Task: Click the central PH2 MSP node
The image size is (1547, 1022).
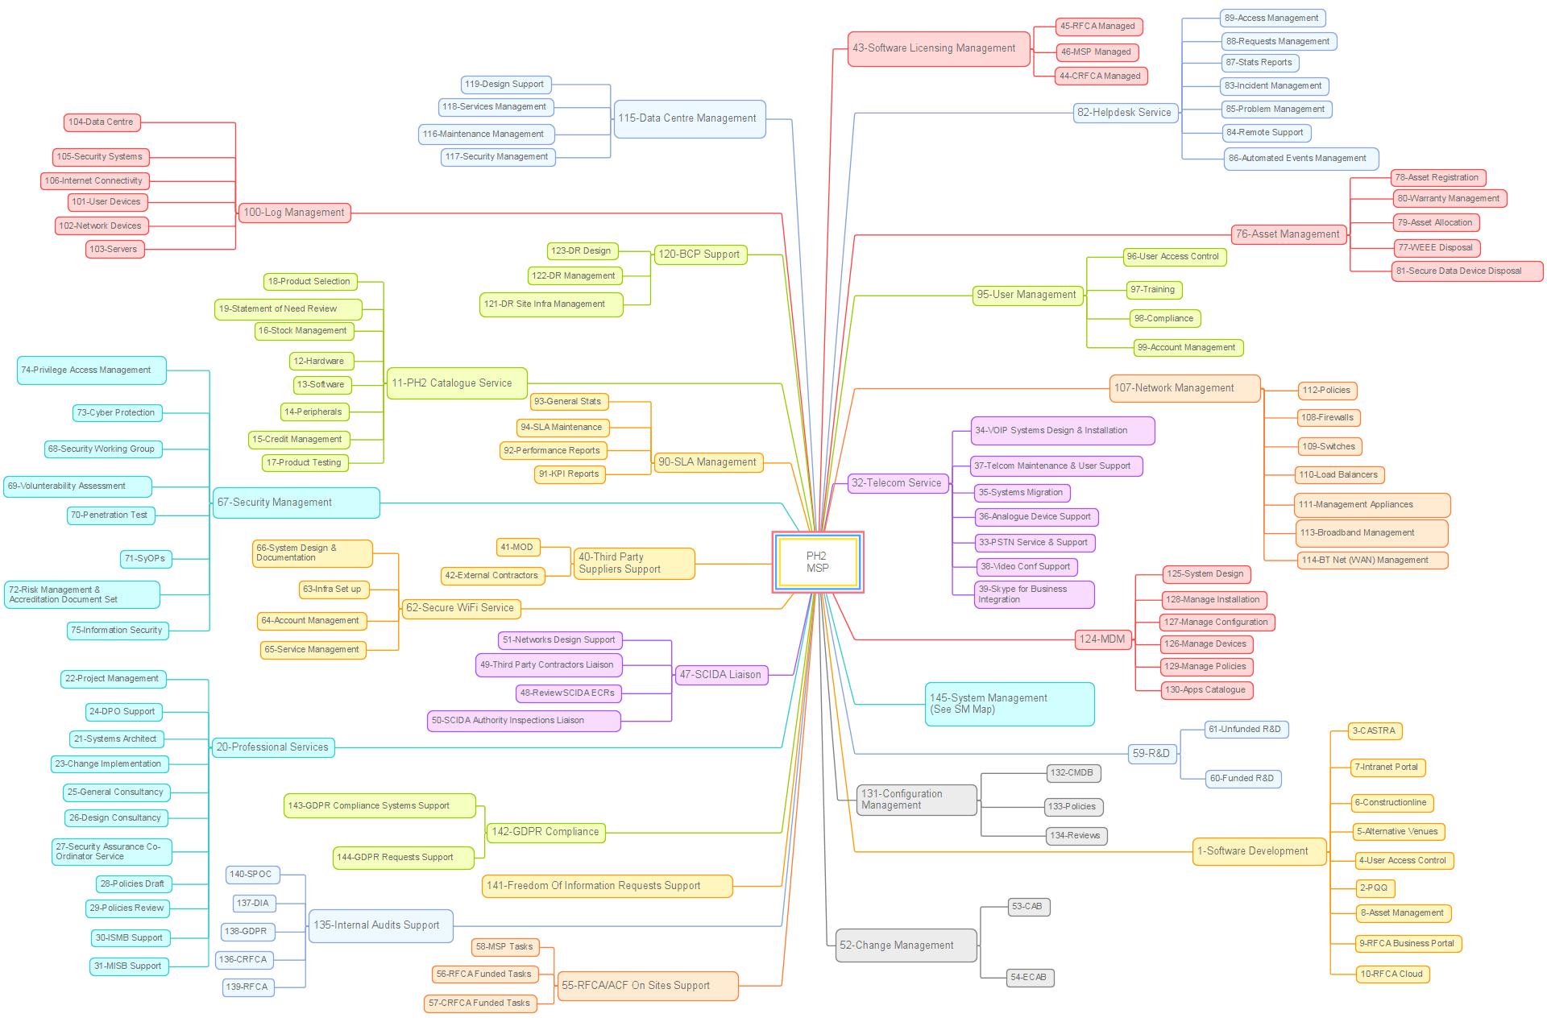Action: pos(817,562)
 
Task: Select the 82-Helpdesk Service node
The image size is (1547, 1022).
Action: pos(1125,113)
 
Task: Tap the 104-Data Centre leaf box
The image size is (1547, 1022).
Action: pos(102,122)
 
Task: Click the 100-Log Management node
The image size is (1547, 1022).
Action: pos(294,213)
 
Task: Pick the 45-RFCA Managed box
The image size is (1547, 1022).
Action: pos(1098,27)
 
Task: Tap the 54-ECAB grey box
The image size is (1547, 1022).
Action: pos(1030,978)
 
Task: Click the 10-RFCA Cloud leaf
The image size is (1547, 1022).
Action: pos(1392,974)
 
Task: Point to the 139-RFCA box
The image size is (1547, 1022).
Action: pos(247,987)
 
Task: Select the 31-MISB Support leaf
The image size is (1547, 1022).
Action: pos(129,966)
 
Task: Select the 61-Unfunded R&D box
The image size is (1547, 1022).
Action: pos(1246,730)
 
